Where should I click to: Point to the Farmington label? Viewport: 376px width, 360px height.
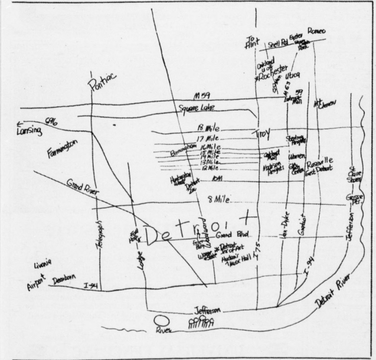point(62,149)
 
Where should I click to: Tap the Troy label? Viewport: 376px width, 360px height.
point(261,133)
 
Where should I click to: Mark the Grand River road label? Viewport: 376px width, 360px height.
point(83,186)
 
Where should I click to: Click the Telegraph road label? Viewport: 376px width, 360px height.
point(100,235)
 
